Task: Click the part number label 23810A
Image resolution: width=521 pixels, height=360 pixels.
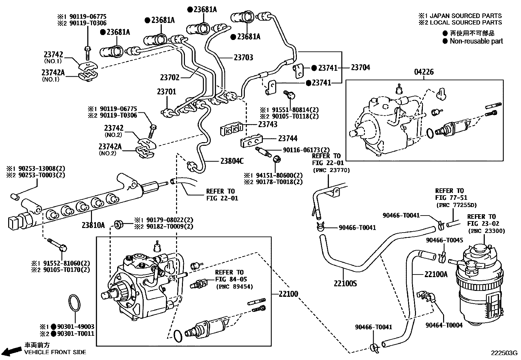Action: [x=93, y=225]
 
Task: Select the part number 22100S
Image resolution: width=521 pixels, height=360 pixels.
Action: [x=345, y=283]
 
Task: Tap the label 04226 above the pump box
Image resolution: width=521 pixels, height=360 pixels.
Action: [x=424, y=72]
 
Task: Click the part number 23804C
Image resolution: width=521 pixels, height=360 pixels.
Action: [x=232, y=161]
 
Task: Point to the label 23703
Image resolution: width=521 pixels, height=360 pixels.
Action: [x=243, y=58]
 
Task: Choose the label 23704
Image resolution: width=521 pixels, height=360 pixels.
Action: [x=360, y=67]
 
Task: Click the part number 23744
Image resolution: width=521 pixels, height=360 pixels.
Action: [x=288, y=139]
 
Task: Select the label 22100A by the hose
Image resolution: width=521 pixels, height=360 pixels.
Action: [x=436, y=274]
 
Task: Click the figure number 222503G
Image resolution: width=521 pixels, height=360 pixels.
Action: [x=503, y=353]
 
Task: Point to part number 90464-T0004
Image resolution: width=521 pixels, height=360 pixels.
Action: [x=444, y=325]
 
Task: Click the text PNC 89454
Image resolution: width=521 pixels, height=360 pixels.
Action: [x=234, y=287]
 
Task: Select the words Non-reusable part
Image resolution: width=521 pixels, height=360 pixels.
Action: [x=476, y=41]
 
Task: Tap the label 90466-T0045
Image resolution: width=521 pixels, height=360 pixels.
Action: [x=444, y=240]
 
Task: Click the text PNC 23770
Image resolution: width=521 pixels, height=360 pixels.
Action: [x=331, y=170]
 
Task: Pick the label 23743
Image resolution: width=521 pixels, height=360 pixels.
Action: [x=267, y=124]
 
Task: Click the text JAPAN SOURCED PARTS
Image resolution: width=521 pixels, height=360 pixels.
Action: [x=465, y=16]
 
